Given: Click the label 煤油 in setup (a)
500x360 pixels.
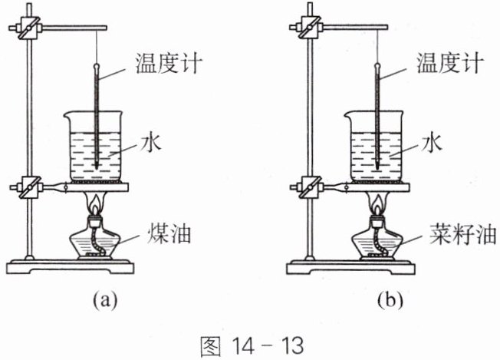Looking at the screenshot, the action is [169, 235].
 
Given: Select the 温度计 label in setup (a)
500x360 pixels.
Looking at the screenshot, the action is [169, 63].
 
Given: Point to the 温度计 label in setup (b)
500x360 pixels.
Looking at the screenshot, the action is [449, 63].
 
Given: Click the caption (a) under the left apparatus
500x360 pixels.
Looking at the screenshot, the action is [105, 300].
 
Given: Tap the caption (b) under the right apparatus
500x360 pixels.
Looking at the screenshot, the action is [390, 300].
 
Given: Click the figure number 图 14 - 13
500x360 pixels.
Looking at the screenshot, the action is [252, 345].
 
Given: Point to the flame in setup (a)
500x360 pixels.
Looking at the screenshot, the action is [94, 205].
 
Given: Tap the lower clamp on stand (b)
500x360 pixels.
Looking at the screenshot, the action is [309, 187].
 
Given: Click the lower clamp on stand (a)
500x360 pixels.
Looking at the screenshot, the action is [28, 187].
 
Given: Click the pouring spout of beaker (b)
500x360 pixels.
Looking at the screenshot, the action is [347, 115].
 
